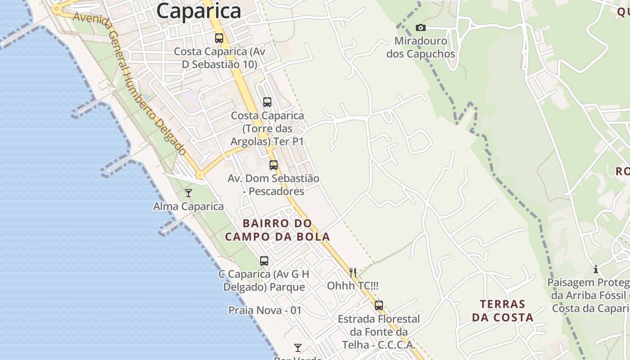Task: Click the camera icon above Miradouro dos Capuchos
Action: pyautogui.click(x=421, y=28)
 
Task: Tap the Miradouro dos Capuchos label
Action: pyautogui.click(x=421, y=48)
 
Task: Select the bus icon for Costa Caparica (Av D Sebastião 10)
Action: pyautogui.click(x=219, y=38)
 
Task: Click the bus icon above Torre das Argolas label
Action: pyautogui.click(x=267, y=102)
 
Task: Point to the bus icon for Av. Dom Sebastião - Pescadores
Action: pyautogui.click(x=274, y=165)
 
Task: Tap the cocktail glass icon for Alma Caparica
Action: pyautogui.click(x=189, y=193)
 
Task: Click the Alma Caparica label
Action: pyautogui.click(x=189, y=207)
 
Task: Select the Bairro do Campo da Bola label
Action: pyautogui.click(x=278, y=230)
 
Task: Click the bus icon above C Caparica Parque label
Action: pyautogui.click(x=264, y=261)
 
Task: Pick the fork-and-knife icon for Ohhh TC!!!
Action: pyautogui.click(x=353, y=272)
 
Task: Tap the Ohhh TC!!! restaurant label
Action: pyautogui.click(x=353, y=286)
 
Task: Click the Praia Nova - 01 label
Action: pyautogui.click(x=265, y=310)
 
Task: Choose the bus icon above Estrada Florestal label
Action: pyautogui.click(x=379, y=306)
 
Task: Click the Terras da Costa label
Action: pyautogui.click(x=503, y=311)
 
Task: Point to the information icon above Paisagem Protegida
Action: pyautogui.click(x=596, y=269)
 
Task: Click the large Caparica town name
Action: pyautogui.click(x=199, y=11)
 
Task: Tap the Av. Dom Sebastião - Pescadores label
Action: pyautogui.click(x=274, y=185)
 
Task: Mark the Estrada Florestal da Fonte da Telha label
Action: pyautogui.click(x=379, y=332)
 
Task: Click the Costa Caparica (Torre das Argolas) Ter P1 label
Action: pyautogui.click(x=267, y=129)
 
